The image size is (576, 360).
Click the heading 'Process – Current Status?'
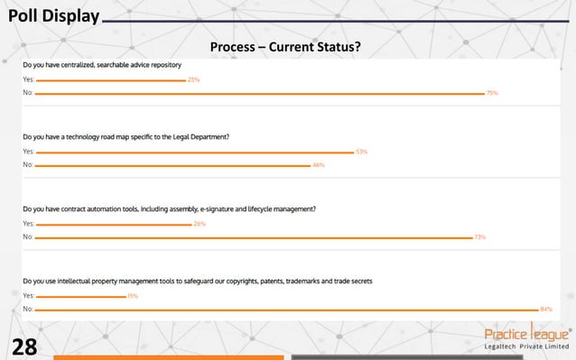pyautogui.click(x=285, y=46)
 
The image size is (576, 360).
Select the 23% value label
pyautogui.click(x=193, y=80)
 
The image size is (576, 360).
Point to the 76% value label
pyautogui.click(x=492, y=93)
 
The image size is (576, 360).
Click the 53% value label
pyautogui.click(x=361, y=152)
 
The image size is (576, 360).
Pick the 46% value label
pyautogui.click(x=318, y=165)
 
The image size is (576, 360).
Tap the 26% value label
pyautogui.click(x=200, y=224)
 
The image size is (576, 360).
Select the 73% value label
pyautogui.click(x=480, y=237)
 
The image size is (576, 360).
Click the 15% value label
pyautogui.click(x=133, y=296)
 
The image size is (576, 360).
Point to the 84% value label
pyautogui.click(x=546, y=309)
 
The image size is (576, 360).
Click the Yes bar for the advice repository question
pyautogui.click(x=110, y=80)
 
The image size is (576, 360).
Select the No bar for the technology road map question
pyautogui.click(x=172, y=165)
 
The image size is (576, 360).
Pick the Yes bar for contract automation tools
pyautogui.click(x=113, y=224)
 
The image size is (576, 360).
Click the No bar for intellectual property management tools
pyautogui.click(x=286, y=309)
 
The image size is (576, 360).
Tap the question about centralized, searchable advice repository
pyautogui.click(x=102, y=65)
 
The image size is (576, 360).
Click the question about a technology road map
pyautogui.click(x=126, y=137)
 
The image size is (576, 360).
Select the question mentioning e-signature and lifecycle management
pyautogui.click(x=169, y=208)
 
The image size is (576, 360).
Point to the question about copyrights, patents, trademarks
pyautogui.click(x=198, y=281)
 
